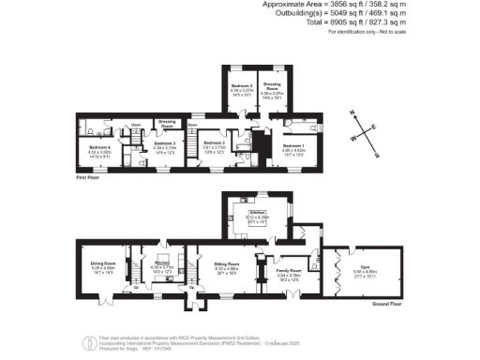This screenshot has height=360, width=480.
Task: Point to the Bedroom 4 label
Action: pos(99,147)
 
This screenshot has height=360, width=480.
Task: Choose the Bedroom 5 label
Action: pos(241,85)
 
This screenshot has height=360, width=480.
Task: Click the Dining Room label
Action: pos(102,263)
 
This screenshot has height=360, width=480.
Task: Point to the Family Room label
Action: pos(287,271)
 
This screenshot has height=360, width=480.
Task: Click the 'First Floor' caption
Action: pos(88,175)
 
